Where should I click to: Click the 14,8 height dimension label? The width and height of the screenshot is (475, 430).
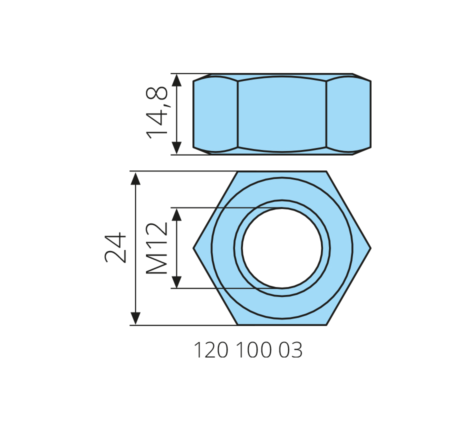(156, 112)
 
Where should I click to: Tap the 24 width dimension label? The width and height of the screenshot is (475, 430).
(115, 248)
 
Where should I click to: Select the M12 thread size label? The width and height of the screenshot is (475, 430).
(156, 248)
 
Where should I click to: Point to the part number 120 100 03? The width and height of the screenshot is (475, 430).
(248, 350)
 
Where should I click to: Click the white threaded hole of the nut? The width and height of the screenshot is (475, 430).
(282, 248)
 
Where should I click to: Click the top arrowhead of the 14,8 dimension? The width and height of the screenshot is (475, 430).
(176, 80)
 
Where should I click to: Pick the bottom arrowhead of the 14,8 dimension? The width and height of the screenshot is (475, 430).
(176, 148)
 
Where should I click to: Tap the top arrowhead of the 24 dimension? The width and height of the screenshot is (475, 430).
(135, 178)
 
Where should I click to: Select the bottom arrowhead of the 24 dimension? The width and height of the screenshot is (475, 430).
(135, 318)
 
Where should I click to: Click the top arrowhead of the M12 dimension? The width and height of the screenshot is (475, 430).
(176, 214)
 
